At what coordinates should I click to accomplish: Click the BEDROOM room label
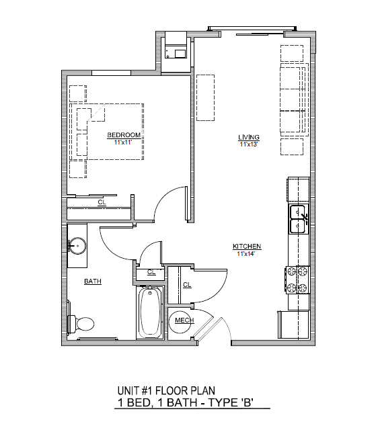[x=124, y=135]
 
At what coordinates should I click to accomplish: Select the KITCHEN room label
[x=247, y=247]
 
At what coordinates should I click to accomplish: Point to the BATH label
[x=92, y=282]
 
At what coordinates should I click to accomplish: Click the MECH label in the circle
[x=184, y=321]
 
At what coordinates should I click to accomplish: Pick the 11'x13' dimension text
[x=248, y=144]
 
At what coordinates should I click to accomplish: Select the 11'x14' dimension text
[x=247, y=254]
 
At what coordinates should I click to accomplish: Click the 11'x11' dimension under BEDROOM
[x=124, y=142]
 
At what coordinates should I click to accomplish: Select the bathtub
[x=149, y=313]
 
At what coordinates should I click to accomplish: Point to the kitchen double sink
[x=298, y=220]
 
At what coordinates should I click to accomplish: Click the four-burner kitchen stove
[x=298, y=280]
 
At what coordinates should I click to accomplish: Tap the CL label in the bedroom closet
[x=102, y=202]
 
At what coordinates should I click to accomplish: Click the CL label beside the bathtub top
[x=151, y=272]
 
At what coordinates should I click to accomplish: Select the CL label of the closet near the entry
[x=187, y=285]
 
